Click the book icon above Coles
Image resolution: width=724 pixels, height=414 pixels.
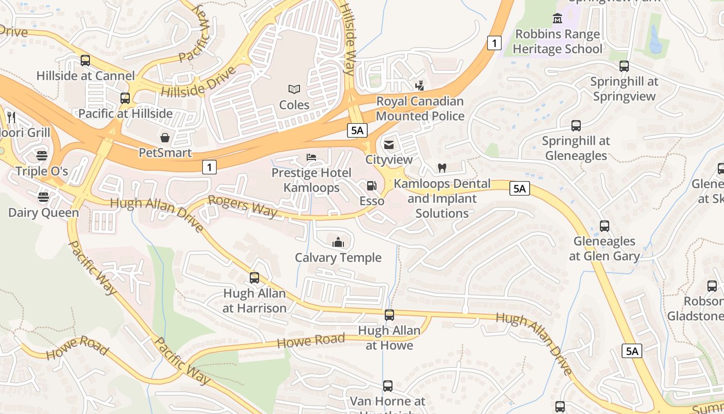point(294,90)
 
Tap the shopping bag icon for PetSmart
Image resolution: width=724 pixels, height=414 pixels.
point(165,137)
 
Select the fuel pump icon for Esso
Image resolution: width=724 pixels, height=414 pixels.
point(371,186)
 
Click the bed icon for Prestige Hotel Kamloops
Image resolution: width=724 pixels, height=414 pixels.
point(311,157)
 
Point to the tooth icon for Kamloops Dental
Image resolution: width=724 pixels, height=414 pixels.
point(442,168)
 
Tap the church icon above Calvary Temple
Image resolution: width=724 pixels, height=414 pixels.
point(338,242)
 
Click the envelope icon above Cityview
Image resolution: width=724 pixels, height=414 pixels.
point(389,144)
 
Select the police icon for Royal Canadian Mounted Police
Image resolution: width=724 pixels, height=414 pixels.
point(420,86)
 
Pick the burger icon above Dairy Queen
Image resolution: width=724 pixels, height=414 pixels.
point(43,197)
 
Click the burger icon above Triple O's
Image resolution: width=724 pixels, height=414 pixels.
point(42,155)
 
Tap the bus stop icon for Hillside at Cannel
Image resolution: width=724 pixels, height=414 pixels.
point(85,61)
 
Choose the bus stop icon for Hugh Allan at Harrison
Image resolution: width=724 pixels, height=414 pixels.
point(254,278)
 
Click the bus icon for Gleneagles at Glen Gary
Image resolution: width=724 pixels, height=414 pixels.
point(605,226)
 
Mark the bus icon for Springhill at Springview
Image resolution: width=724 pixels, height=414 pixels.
point(624,66)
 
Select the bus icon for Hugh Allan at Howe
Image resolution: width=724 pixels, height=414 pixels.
point(389,315)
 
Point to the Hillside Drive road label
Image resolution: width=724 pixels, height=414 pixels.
point(198,82)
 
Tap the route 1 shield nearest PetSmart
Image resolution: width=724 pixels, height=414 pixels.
point(209,167)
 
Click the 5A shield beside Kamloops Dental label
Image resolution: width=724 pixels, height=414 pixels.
point(519,188)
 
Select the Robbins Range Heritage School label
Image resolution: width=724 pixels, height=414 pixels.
point(557,41)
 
